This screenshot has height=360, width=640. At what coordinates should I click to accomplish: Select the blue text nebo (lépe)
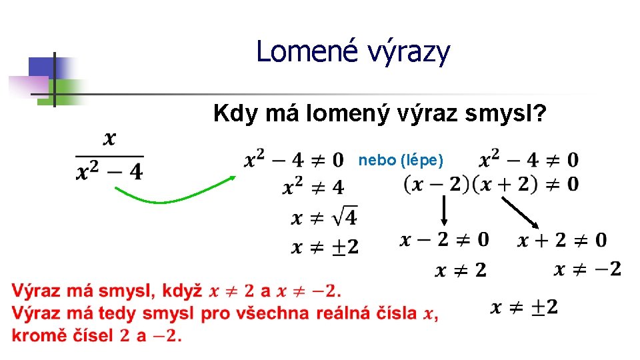(x=400, y=160)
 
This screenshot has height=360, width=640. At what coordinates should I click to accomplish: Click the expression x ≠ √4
(x=325, y=217)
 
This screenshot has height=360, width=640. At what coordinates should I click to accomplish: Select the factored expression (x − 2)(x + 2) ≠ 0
(x=491, y=184)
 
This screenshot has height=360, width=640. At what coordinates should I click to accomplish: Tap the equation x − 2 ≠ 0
(x=444, y=239)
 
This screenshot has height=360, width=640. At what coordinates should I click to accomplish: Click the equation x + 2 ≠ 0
(x=562, y=239)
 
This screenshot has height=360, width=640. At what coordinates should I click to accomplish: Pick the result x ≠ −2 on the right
(x=587, y=269)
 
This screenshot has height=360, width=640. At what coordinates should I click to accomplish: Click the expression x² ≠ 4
(x=314, y=187)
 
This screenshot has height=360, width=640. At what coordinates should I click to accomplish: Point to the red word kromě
(x=35, y=335)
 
